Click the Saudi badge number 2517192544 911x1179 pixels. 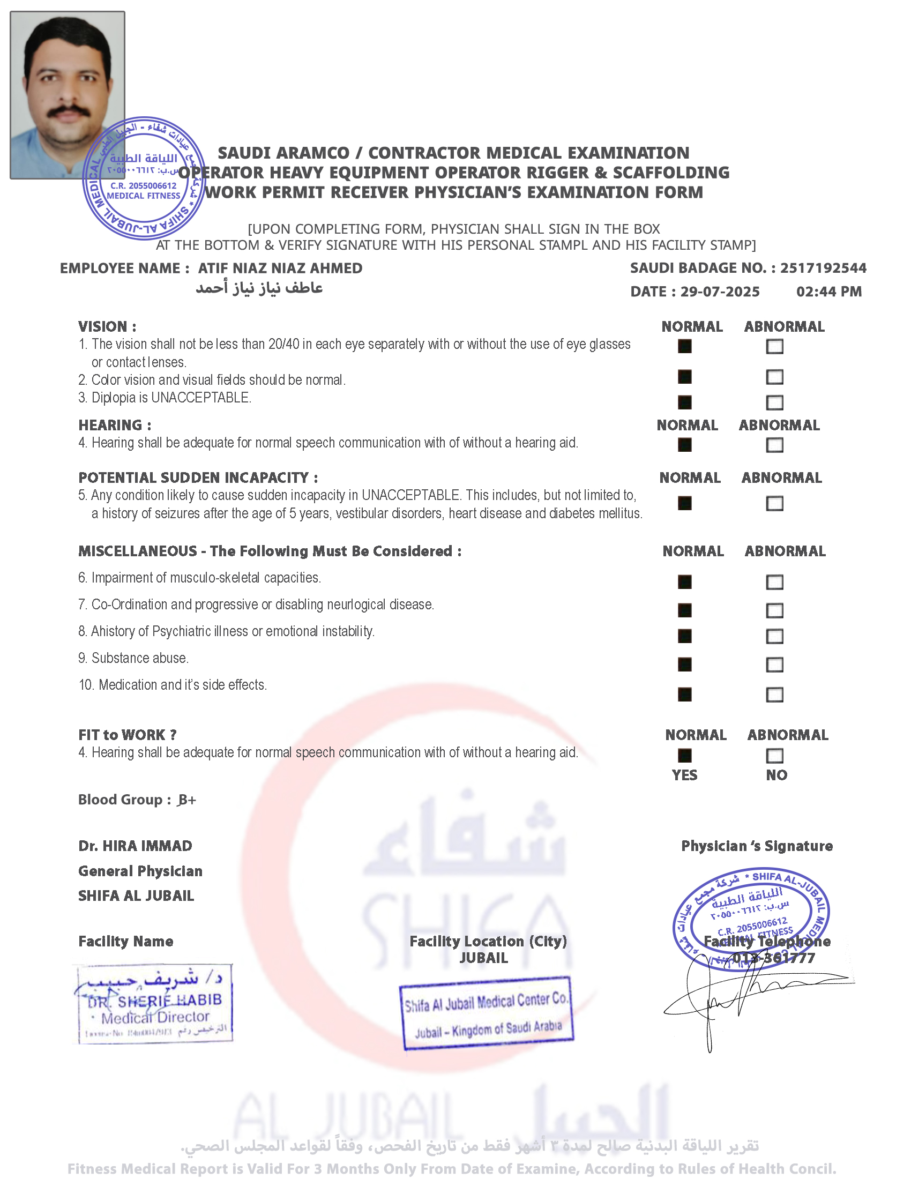point(823,268)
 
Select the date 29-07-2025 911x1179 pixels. point(720,292)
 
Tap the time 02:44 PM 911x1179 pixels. point(828,292)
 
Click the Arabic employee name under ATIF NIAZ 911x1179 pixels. point(259,288)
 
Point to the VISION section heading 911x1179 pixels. point(107,326)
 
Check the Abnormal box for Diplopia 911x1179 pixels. point(774,402)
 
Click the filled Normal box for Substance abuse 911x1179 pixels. point(684,665)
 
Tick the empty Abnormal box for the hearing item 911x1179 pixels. point(774,445)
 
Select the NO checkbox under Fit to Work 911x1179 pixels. point(774,756)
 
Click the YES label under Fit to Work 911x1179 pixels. point(684,775)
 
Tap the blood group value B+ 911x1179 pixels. point(186,800)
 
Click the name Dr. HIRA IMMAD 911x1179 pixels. point(135,846)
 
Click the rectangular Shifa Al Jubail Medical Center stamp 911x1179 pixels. point(486,1014)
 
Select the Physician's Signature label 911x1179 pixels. point(757,846)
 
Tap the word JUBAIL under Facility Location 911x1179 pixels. point(483,958)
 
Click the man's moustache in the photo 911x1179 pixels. point(68,113)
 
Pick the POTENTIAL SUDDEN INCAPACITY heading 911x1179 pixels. point(198,477)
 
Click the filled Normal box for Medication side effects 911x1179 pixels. point(684,694)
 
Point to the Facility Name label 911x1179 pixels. point(126,942)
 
